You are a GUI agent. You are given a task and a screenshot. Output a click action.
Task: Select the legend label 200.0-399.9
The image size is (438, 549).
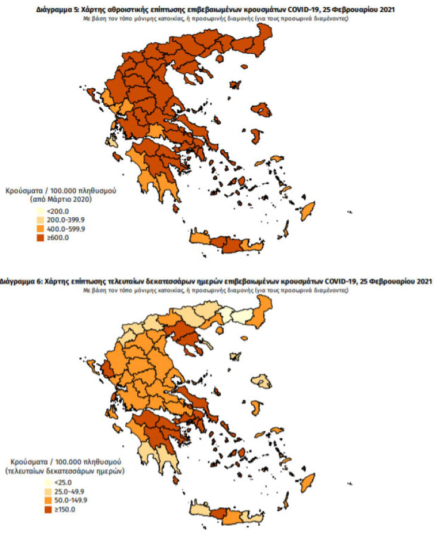(x=67, y=220)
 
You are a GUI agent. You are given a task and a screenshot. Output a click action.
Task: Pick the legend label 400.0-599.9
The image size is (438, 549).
(x=67, y=229)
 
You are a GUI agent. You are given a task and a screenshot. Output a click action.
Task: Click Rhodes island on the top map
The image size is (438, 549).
(x=308, y=210)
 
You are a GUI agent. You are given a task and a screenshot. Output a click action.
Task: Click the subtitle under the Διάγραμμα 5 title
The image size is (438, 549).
(x=215, y=19)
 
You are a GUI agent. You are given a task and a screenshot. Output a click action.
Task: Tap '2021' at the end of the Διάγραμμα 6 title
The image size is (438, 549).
(x=422, y=280)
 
